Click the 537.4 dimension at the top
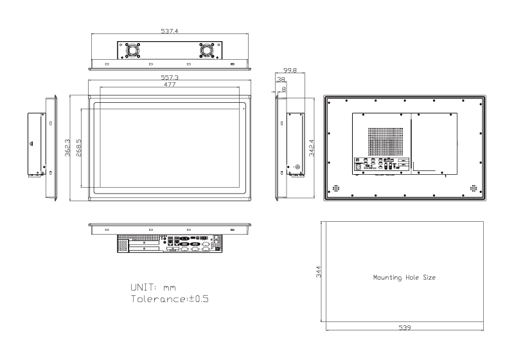(x=170, y=30)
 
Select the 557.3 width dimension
(x=170, y=77)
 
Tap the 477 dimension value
(x=170, y=85)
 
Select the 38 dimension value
(x=281, y=80)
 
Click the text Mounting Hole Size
(x=405, y=277)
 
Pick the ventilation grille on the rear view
(x=388, y=139)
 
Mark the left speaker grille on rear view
(x=334, y=189)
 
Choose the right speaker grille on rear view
(x=474, y=189)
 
